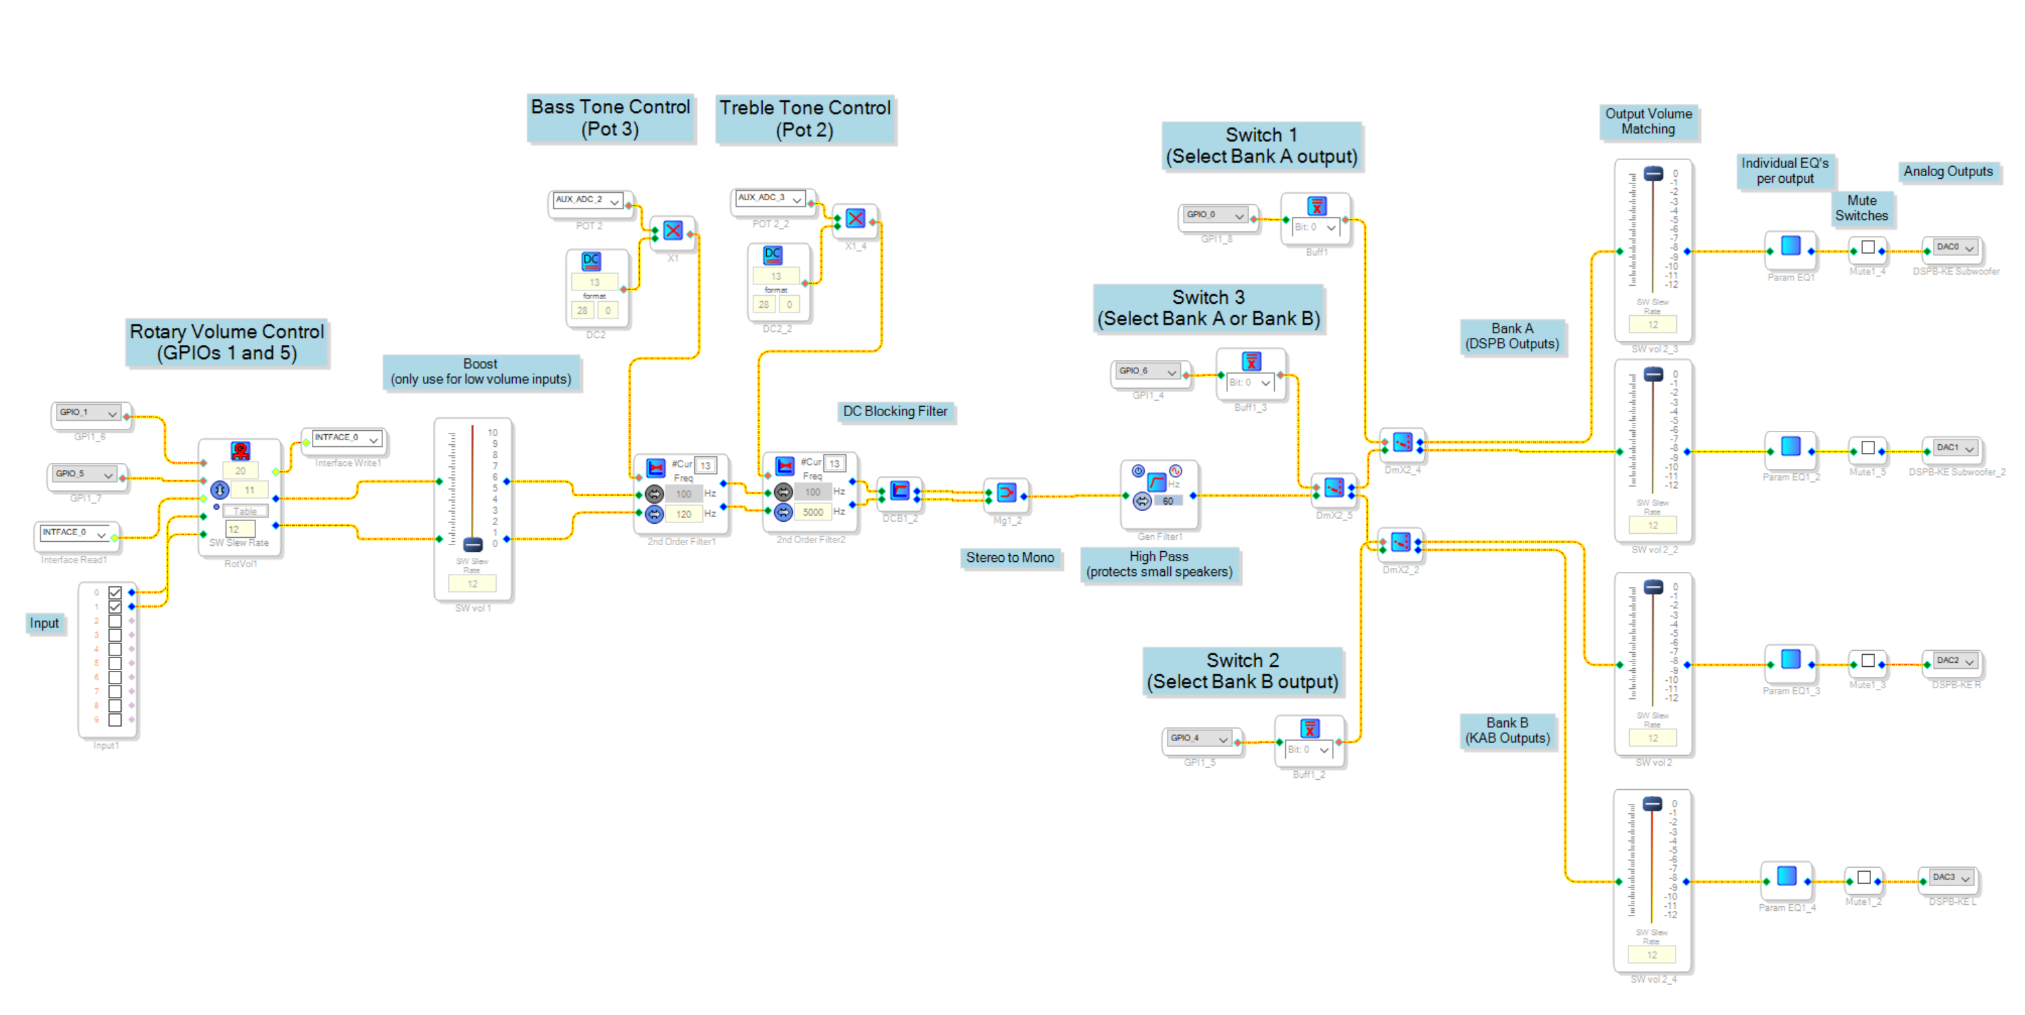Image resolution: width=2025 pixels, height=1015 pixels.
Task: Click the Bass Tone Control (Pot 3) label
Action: point(610,118)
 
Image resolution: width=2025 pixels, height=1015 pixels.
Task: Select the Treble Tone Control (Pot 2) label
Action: point(805,119)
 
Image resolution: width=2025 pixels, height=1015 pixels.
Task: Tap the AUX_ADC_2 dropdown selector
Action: point(588,200)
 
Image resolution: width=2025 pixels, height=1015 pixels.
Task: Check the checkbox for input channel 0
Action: point(115,592)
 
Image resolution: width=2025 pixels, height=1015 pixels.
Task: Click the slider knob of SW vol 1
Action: point(472,544)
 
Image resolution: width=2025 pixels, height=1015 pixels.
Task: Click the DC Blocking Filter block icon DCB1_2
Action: point(899,491)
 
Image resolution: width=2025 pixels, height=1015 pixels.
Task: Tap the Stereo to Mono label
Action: point(1009,557)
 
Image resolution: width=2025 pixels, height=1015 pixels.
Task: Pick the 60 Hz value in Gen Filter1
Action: point(1167,501)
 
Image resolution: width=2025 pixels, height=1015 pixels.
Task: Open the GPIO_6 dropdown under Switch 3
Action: point(1149,371)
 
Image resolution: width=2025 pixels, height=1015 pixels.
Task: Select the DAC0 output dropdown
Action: point(1954,247)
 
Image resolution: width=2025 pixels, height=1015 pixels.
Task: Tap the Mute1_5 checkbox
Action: point(1868,448)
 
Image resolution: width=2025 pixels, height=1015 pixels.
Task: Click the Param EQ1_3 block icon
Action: point(1790,659)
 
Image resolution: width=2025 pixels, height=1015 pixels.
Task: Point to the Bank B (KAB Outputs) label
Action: point(1507,731)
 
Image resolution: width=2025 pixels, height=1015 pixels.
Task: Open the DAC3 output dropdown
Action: point(1950,877)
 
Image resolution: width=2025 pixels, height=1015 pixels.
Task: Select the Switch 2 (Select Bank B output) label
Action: point(1242,671)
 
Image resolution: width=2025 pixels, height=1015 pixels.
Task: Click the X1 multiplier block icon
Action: point(673,231)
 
